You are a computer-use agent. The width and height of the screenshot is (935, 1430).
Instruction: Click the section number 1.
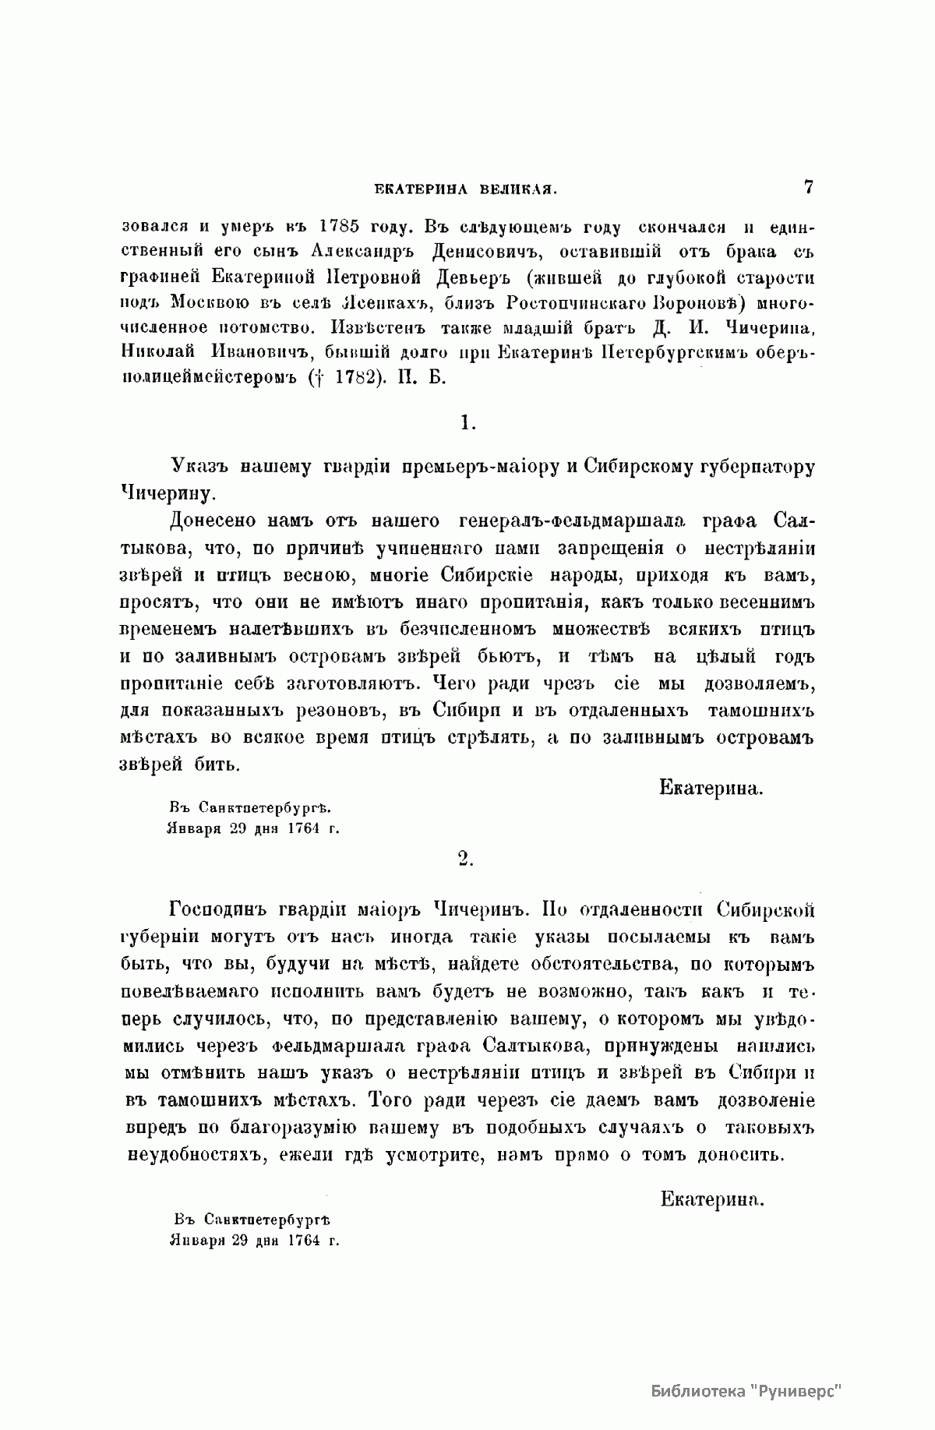tap(467, 422)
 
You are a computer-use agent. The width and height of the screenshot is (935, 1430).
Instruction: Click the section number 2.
tap(466, 857)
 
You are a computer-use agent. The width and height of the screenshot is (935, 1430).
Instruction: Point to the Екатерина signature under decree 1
tap(711, 788)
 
